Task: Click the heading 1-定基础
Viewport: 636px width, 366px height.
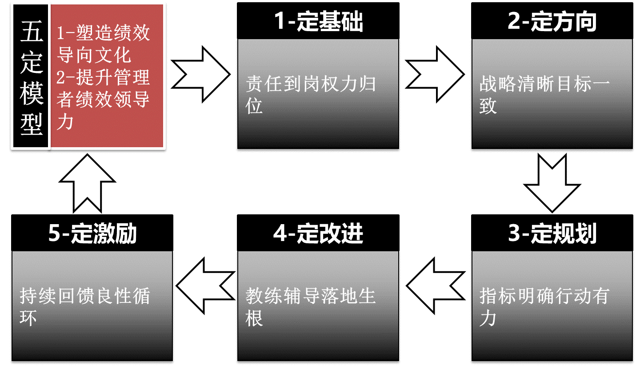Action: [x=319, y=22]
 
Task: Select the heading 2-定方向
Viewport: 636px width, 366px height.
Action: [x=552, y=22]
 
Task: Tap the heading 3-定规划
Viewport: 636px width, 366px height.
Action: [x=552, y=233]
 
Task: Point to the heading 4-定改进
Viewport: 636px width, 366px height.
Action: [x=319, y=233]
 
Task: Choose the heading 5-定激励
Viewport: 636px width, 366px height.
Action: [x=92, y=233]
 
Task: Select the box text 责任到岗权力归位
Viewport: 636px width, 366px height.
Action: [x=311, y=95]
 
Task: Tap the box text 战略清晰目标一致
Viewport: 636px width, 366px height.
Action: [x=544, y=95]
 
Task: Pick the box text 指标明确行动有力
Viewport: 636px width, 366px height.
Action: [x=544, y=306]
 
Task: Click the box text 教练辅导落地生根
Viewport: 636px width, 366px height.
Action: [x=311, y=306]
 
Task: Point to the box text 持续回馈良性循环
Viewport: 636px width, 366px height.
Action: [x=85, y=306]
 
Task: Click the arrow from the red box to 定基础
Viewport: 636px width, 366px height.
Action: [x=201, y=74]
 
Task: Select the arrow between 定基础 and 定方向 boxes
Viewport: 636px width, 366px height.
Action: [x=435, y=74]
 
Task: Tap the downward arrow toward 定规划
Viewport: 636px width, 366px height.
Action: [x=552, y=182]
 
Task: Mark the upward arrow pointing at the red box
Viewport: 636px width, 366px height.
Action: [x=87, y=182]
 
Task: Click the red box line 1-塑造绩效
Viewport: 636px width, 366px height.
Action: [x=104, y=33]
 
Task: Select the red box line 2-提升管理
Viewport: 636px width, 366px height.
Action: [x=104, y=77]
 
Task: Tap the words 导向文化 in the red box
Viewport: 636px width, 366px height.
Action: [x=94, y=55]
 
